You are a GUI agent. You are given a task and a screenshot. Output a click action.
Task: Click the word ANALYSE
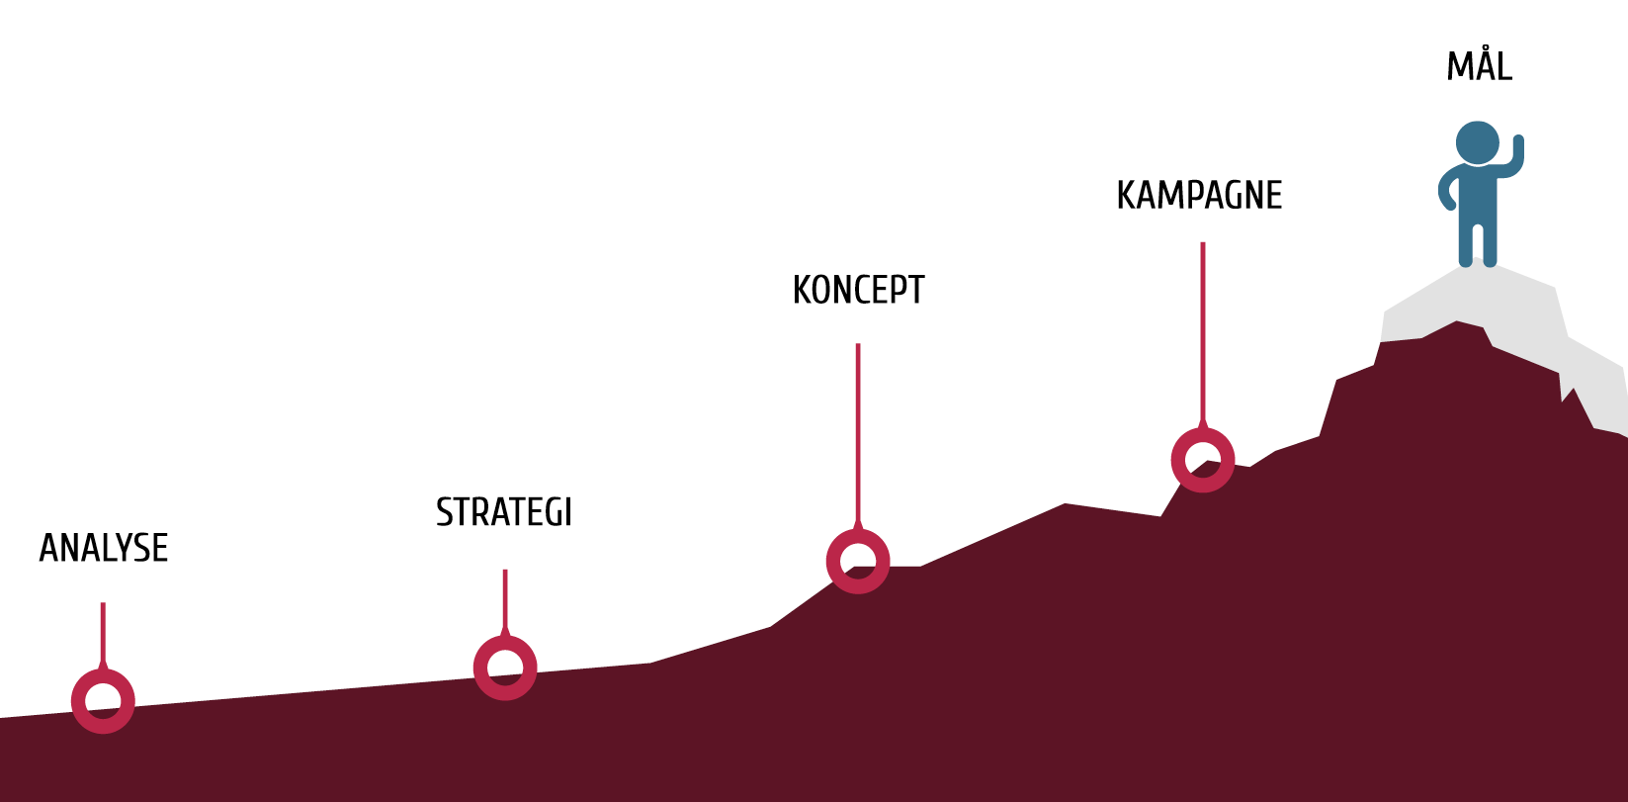(103, 548)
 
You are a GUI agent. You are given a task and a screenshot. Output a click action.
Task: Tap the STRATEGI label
(504, 512)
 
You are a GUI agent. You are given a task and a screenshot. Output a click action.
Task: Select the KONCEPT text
(858, 290)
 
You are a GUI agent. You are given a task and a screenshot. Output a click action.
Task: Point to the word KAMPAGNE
(1199, 195)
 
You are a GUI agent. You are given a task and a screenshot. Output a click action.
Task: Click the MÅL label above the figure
(1479, 66)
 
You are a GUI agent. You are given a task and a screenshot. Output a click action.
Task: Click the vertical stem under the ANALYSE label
(103, 634)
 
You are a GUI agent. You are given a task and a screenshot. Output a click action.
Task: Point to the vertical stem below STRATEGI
(505, 601)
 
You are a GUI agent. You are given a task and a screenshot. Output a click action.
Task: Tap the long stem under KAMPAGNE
(1203, 333)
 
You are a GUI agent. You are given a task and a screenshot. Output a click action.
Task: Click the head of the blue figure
(1478, 142)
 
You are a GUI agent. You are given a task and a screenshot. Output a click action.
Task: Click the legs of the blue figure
(1478, 243)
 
